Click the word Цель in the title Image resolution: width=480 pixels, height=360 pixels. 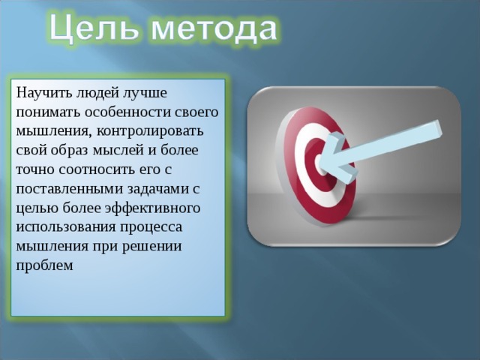point(98,31)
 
